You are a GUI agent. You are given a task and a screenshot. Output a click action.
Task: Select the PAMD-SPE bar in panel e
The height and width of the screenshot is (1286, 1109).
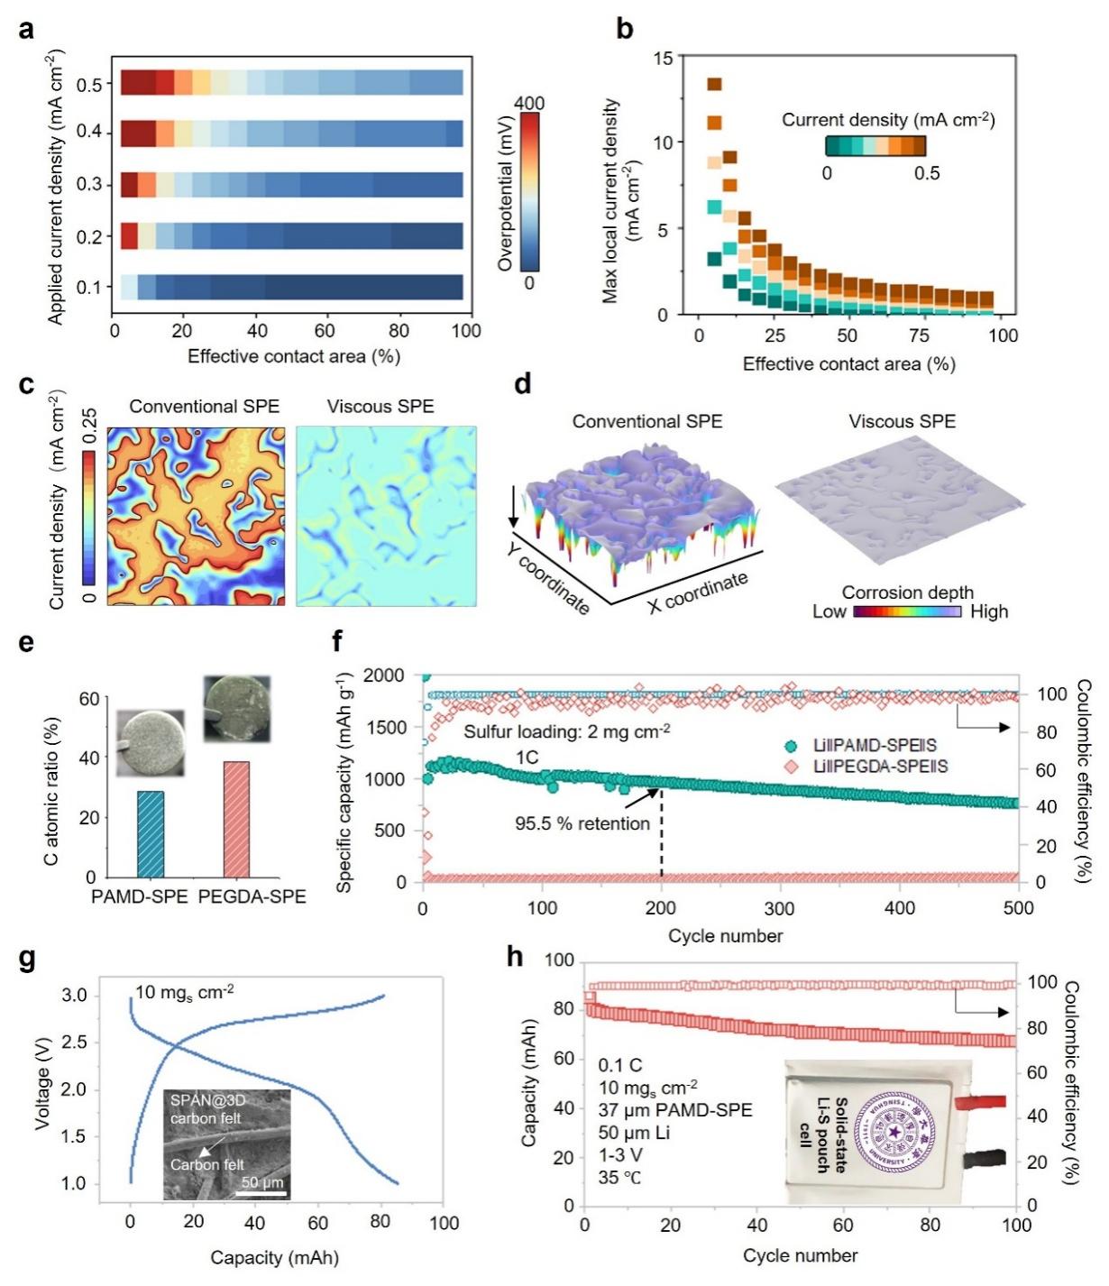[151, 833]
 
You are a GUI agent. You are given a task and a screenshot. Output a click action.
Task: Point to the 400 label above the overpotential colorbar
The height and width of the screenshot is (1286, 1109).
[529, 104]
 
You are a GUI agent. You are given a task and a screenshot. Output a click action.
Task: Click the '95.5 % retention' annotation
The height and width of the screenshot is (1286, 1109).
[582, 823]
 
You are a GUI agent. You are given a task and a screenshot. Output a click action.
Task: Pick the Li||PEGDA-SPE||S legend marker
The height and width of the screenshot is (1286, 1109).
[791, 767]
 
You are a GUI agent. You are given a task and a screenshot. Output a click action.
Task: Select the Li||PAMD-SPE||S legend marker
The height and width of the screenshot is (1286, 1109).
[791, 746]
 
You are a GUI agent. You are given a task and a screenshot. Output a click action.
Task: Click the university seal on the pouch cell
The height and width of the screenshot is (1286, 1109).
[894, 1131]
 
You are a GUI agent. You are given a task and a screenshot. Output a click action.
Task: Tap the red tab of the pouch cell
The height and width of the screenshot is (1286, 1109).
[979, 1102]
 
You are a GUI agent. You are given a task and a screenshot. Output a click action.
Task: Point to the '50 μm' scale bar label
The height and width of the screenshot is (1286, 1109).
[262, 1182]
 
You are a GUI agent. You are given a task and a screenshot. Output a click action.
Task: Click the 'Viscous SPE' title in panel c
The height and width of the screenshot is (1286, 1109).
[380, 407]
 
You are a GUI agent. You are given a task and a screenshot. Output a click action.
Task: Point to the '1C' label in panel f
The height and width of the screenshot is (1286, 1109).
[527, 757]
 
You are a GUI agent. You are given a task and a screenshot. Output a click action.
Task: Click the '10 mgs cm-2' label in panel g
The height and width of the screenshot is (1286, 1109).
[185, 993]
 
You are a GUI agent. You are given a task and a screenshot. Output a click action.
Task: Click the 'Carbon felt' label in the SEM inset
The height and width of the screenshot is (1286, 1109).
[207, 1164]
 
